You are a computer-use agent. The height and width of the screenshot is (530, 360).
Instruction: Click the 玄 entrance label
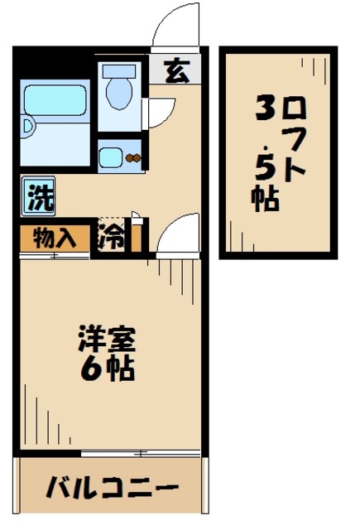coord(175,71)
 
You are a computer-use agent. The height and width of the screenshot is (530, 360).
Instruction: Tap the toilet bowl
coord(118,94)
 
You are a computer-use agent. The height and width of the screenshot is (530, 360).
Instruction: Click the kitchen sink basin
coord(109,156)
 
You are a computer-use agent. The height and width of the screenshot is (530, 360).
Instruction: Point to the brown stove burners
coord(133,157)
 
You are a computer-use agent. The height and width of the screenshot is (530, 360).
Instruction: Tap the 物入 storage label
coord(55,238)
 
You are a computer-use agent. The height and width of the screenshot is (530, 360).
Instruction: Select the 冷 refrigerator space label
coord(113,238)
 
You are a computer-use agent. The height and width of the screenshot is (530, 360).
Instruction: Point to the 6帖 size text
coord(108,369)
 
